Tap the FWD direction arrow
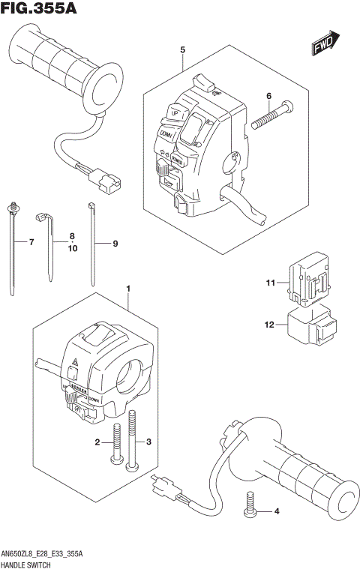click(x=327, y=44)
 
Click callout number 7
click(x=31, y=242)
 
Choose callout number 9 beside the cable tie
click(x=115, y=243)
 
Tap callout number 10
click(x=72, y=248)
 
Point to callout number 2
click(x=97, y=442)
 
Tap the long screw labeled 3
click(x=133, y=442)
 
